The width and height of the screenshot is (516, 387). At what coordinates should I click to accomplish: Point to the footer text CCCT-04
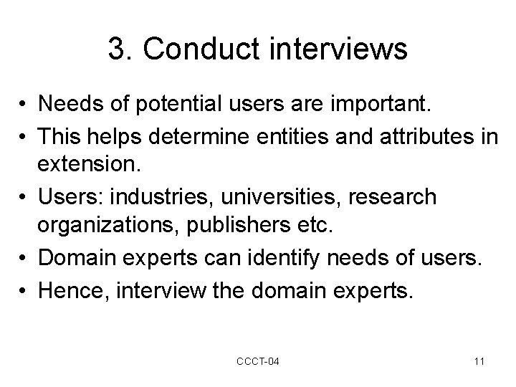point(257,361)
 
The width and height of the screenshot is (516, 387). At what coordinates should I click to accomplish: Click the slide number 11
point(478,361)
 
